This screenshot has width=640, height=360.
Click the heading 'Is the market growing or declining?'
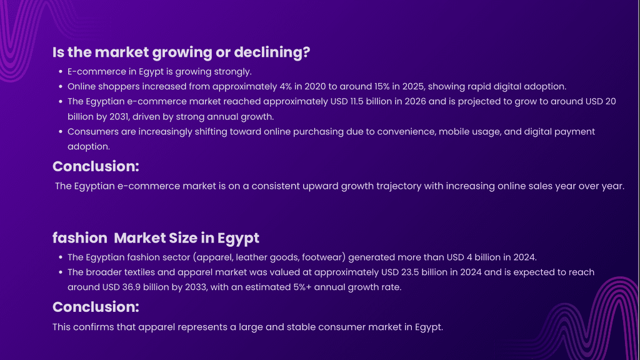[181, 52]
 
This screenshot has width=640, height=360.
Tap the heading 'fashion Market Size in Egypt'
[156, 238]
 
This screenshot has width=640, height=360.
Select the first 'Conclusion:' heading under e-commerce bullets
[96, 166]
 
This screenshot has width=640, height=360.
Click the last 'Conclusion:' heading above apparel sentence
[96, 307]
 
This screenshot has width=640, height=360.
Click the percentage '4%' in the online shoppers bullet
[286, 86]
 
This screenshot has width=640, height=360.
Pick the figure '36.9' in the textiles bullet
[131, 287]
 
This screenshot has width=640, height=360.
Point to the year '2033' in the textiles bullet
[196, 287]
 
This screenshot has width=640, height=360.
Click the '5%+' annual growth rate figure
[302, 287]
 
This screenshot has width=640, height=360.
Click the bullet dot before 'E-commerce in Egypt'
[61, 72]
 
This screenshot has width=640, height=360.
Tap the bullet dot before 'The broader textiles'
[61, 272]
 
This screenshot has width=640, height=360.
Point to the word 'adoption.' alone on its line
[89, 146]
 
